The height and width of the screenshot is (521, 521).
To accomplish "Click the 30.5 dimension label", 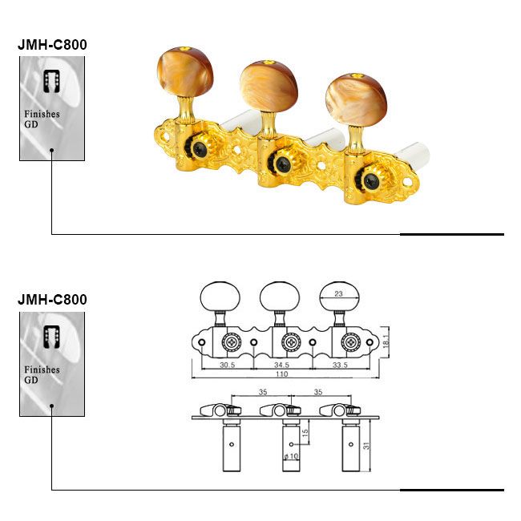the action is pyautogui.click(x=228, y=365).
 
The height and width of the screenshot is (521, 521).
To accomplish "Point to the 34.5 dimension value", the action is pyautogui.click(x=281, y=365).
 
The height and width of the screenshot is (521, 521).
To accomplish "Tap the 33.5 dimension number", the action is pyautogui.click(x=340, y=365).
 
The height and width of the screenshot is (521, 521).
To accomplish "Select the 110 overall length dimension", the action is pyautogui.click(x=281, y=374).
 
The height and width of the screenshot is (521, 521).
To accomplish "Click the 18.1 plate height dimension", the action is pyautogui.click(x=386, y=341).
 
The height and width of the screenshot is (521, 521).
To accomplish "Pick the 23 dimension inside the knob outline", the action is pyautogui.click(x=338, y=293).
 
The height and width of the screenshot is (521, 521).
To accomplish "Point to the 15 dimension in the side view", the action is pyautogui.click(x=305, y=433).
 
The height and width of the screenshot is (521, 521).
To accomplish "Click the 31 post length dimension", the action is pyautogui.click(x=366, y=446).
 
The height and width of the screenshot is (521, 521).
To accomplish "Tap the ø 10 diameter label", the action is pyautogui.click(x=291, y=456).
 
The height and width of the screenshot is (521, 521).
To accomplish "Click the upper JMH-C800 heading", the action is pyautogui.click(x=52, y=45).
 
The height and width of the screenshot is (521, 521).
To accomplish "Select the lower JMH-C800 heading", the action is pyautogui.click(x=52, y=300).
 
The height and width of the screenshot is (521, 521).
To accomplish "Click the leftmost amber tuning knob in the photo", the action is pyautogui.click(x=184, y=72).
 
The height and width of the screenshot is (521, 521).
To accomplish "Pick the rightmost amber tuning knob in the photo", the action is pyautogui.click(x=356, y=99).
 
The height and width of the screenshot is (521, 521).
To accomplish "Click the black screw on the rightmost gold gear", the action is pyautogui.click(x=370, y=181).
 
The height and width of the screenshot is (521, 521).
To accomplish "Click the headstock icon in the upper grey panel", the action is pyautogui.click(x=52, y=81).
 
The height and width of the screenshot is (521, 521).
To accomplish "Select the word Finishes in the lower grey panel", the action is pyautogui.click(x=42, y=370).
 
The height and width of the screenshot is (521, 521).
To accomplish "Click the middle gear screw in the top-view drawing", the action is pyautogui.click(x=292, y=342).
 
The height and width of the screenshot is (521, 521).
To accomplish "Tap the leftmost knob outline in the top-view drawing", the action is pyautogui.click(x=220, y=297).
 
